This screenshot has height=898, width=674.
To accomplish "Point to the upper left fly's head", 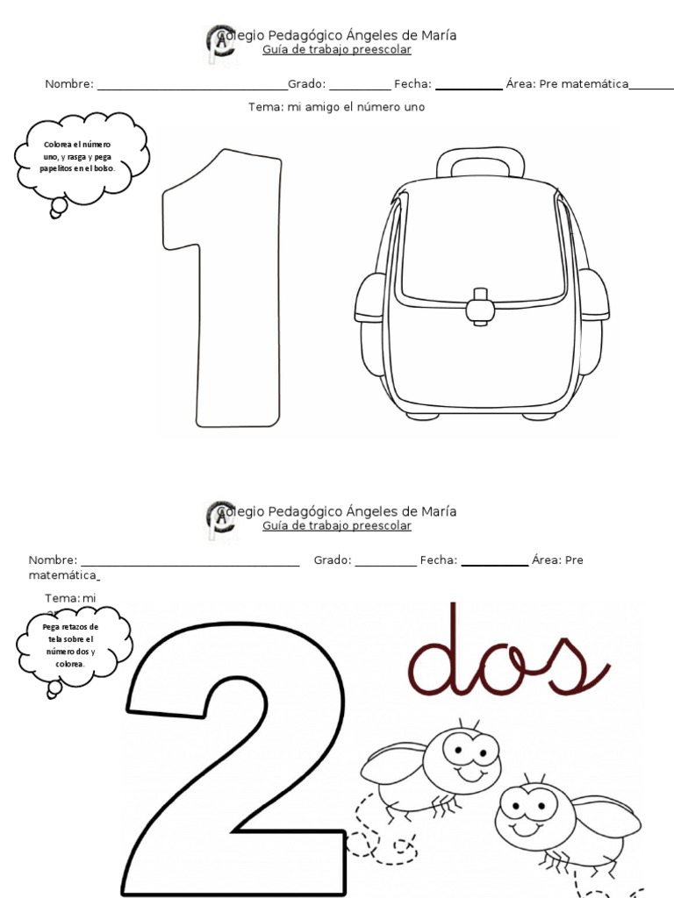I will point(470,752).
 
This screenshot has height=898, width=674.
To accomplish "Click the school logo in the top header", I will point(218,44).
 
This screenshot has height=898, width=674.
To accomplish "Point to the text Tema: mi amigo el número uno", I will point(337,107).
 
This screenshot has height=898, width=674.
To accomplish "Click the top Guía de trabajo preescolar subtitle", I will point(337,50).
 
